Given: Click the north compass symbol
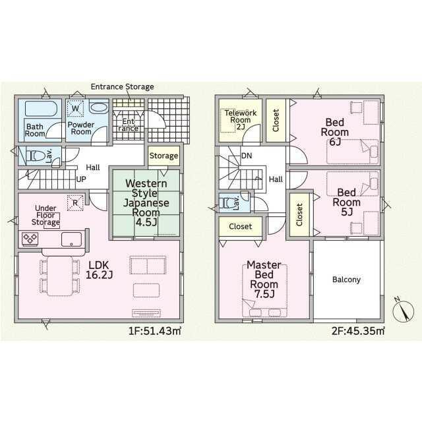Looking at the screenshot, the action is point(403,311).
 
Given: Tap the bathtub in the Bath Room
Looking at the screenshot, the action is point(41,109).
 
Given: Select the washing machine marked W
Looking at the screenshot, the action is point(75,108).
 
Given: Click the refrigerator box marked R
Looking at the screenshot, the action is point(75,202).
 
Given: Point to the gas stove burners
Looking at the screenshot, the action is point(30,239).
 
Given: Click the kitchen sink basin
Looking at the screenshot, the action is point(72,239).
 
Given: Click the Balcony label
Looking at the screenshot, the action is point(346,280).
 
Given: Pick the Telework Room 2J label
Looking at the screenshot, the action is point(241,120).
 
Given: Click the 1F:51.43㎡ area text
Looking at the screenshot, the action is point(155,331).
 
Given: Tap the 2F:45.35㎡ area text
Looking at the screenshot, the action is point(358,331).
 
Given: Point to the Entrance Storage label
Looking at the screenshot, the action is point(123,86).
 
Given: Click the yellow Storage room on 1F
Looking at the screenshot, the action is point(164,156).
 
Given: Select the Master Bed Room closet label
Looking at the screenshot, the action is point(240,227).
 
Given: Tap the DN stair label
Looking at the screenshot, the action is point(247,156).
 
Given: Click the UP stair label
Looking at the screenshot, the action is point(81,179).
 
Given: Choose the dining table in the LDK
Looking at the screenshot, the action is point(60,276).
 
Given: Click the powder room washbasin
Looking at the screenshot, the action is point(99,108).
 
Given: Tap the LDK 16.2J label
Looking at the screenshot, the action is point(99,270).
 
